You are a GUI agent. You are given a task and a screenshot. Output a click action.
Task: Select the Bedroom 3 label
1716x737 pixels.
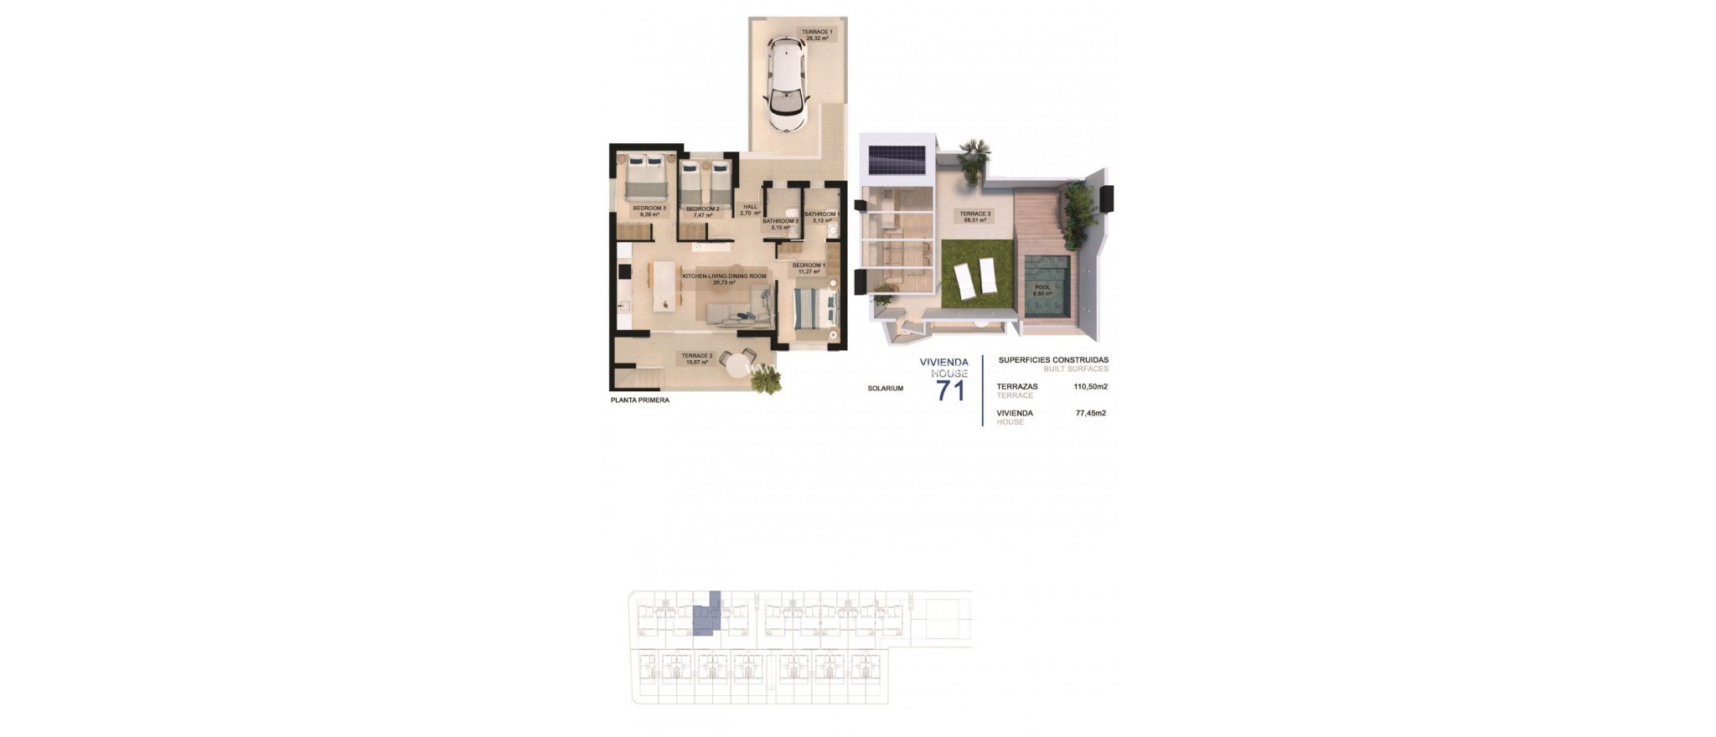tap(649, 211)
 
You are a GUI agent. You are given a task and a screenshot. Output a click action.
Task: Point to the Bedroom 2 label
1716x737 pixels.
tap(702, 212)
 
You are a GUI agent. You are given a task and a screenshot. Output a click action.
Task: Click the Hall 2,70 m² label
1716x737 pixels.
tap(750, 210)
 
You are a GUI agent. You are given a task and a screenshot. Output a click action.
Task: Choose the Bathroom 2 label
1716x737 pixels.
tap(780, 224)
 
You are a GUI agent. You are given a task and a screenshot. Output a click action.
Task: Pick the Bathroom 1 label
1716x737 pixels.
tap(821, 217)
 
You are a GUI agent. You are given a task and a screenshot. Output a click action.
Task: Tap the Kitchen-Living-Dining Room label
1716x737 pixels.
tap(724, 279)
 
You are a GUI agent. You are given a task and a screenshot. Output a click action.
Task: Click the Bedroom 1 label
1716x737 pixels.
tap(809, 268)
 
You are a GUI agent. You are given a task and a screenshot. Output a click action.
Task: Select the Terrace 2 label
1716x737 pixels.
tap(696, 358)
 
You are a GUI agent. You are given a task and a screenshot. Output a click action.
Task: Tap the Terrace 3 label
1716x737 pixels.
tap(974, 217)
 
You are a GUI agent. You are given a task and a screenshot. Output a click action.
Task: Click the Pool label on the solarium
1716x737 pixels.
tap(1042, 290)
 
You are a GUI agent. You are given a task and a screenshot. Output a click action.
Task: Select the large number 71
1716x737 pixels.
tap(950, 390)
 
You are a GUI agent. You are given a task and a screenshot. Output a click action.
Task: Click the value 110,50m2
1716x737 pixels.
tap(1090, 387)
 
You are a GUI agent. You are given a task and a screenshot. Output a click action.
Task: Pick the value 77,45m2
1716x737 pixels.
tap(1090, 413)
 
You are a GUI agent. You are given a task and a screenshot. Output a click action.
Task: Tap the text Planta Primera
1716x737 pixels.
tap(640, 400)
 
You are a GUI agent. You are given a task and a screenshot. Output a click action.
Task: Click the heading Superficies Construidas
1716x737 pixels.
tap(1053, 360)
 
